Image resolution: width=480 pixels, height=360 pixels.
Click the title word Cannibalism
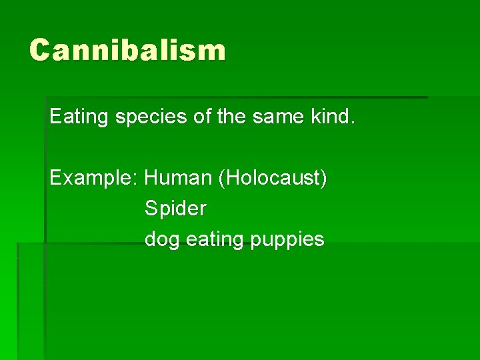click(127, 51)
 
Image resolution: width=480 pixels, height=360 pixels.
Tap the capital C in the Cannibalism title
click(40, 51)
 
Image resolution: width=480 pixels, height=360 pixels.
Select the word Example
click(91, 179)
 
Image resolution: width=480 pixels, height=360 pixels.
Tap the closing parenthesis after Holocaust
click(324, 179)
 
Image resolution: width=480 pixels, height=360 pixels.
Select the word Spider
click(175, 209)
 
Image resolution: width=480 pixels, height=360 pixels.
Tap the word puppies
click(289, 240)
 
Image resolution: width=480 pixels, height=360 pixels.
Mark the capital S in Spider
click(151, 208)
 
